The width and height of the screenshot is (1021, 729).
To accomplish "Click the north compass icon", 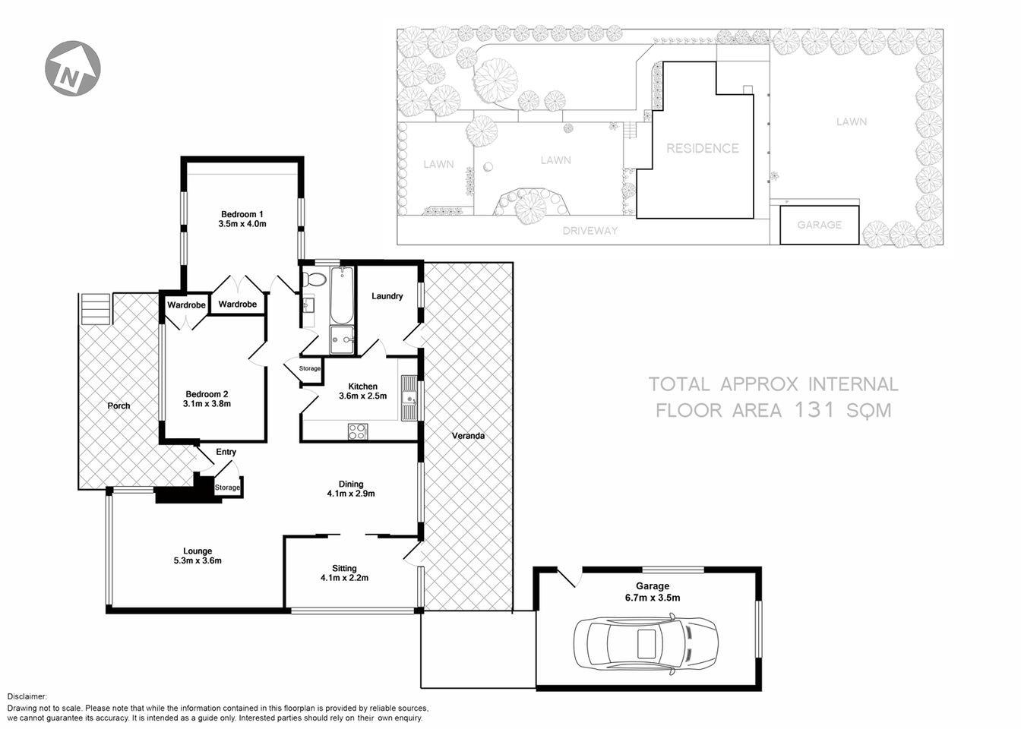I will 73,69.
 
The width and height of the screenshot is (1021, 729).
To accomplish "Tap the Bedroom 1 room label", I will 242,214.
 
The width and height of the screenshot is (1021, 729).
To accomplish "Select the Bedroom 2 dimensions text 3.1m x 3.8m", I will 207,404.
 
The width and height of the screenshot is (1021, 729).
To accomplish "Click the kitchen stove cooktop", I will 357,431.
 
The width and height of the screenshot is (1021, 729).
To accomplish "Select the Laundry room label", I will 387,296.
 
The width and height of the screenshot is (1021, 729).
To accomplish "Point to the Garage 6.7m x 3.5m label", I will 653,592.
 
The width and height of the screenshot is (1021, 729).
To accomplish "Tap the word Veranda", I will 468,436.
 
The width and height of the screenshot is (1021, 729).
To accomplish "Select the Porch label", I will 119,406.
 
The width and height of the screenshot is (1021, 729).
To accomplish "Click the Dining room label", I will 351,484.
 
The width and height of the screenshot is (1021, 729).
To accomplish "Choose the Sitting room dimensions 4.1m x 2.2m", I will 344,578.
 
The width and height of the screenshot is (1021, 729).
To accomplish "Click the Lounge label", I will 198,551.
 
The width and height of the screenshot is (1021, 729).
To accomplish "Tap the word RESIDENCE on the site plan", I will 702,149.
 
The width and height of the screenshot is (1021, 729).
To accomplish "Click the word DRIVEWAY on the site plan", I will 590,231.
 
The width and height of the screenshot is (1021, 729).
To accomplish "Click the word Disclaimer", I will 27,696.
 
